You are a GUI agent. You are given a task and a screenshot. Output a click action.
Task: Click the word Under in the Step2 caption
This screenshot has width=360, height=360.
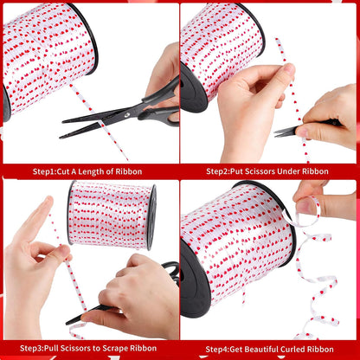coord(288,171)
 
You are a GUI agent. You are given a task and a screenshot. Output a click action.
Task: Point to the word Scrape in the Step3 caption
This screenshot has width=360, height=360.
coord(115,348)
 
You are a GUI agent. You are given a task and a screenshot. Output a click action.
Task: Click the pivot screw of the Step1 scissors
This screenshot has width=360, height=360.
coord(127,114)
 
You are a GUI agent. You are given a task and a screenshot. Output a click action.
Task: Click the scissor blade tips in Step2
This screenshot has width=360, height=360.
coord(276,133)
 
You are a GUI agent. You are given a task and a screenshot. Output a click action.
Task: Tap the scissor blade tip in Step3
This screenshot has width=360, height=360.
coord(68,323)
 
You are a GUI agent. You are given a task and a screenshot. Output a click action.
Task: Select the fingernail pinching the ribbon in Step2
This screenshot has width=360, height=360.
coord(289,69)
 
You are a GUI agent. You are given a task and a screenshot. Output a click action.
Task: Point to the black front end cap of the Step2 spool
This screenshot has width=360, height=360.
coord(192,88)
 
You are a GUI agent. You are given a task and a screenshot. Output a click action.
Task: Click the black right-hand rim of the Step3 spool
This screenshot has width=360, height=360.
coord(151,217)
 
